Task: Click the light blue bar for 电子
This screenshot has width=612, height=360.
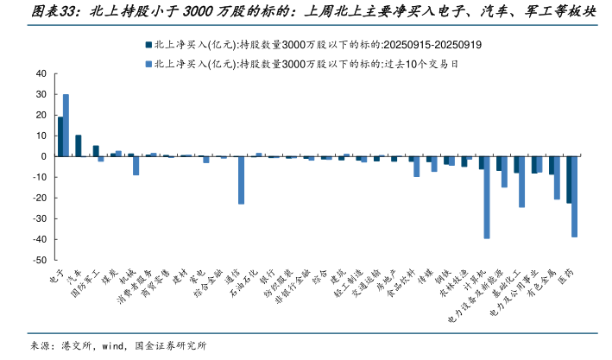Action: (x=66, y=125)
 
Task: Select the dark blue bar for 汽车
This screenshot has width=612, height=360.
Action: (x=78, y=146)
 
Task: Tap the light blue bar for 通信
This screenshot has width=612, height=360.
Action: (x=241, y=180)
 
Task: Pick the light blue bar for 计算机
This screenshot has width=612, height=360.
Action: (x=487, y=198)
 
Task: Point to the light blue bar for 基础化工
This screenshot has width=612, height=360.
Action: (x=522, y=182)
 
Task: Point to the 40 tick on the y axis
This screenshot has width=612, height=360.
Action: (x=41, y=74)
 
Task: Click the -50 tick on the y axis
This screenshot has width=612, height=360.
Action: (x=39, y=260)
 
